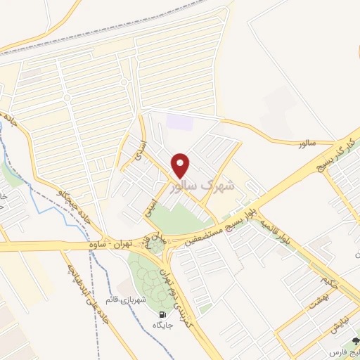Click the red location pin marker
(181, 165)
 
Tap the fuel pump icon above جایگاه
(163, 314)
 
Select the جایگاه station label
(163, 325)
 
